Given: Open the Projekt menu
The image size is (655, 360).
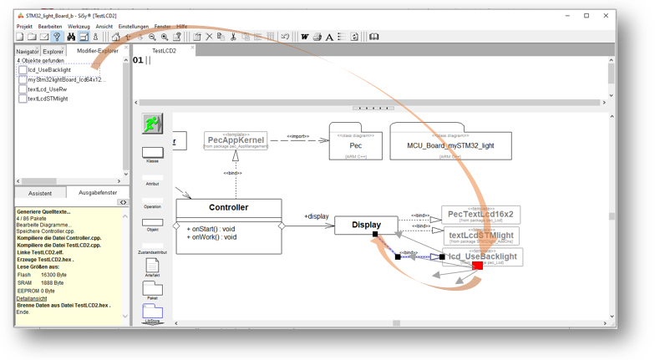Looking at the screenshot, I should pyautogui.click(x=24, y=27).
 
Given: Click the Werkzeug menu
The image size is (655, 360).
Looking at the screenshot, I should pyautogui.click(x=79, y=27).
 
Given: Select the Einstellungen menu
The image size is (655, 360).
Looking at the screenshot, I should pyautogui.click(x=134, y=27).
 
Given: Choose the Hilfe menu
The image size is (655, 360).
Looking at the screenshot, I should pyautogui.click(x=182, y=27).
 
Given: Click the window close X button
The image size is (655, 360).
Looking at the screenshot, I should pyautogui.click(x=607, y=16).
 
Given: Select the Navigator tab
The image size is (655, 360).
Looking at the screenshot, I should pyautogui.click(x=28, y=52).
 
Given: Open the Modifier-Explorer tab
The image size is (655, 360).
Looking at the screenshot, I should pyautogui.click(x=98, y=51).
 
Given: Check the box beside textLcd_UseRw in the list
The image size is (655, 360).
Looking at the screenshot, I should pyautogui.click(x=23, y=89).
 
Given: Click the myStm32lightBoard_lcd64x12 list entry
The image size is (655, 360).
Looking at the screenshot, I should pyautogui.click(x=66, y=79).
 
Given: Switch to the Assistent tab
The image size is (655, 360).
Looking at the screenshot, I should pyautogui.click(x=40, y=193).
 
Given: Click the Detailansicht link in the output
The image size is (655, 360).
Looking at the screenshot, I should pyautogui.click(x=32, y=298).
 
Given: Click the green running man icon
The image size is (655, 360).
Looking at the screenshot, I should pyautogui.click(x=152, y=124).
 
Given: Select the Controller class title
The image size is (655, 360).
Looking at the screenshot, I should pyautogui.click(x=228, y=207).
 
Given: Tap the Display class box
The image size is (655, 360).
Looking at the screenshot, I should pyautogui.click(x=366, y=225).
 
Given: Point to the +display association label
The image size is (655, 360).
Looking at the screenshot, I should pyautogui.click(x=317, y=216).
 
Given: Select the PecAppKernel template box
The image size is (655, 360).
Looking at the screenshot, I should pyautogui.click(x=236, y=141).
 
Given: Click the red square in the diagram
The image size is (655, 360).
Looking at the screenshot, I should pyautogui.click(x=477, y=266).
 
